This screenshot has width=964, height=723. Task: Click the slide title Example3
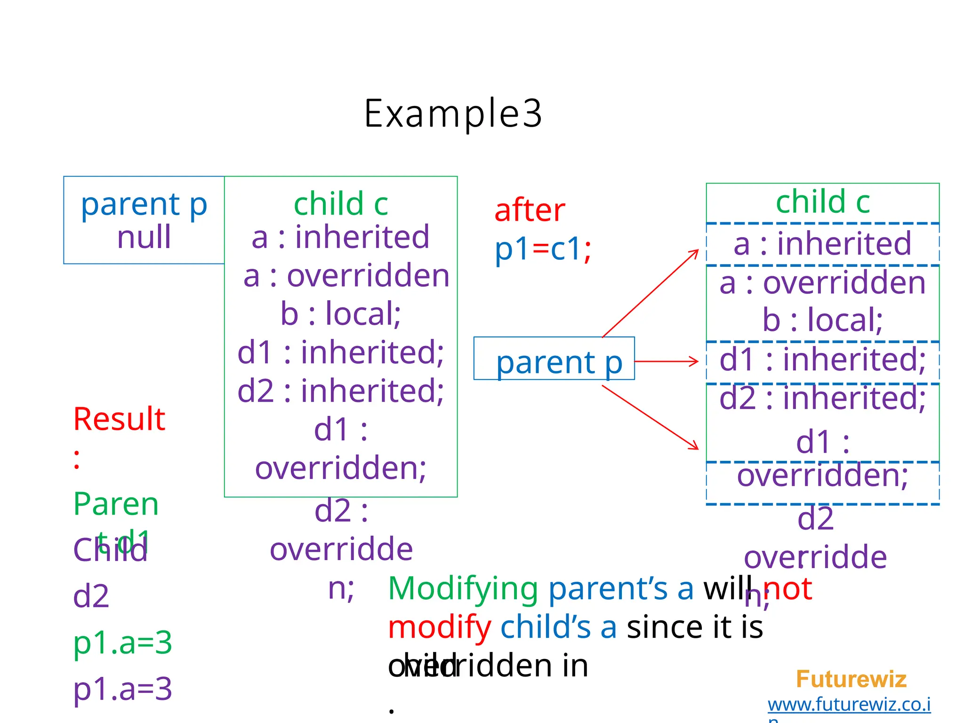click(453, 113)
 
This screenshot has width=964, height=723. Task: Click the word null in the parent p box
click(144, 237)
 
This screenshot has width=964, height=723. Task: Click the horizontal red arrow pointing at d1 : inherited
click(666, 361)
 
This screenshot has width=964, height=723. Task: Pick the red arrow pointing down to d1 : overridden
click(650, 417)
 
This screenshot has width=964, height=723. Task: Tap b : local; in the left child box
click(340, 313)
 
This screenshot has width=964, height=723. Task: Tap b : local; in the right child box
click(822, 320)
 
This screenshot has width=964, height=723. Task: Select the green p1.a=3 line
click(122, 643)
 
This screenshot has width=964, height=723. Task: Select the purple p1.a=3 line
click(122, 689)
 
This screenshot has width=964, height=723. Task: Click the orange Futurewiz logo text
click(851, 679)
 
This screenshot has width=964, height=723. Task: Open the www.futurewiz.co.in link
click(849, 705)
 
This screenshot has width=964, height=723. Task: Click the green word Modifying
click(463, 588)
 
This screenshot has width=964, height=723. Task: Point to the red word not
click(787, 588)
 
